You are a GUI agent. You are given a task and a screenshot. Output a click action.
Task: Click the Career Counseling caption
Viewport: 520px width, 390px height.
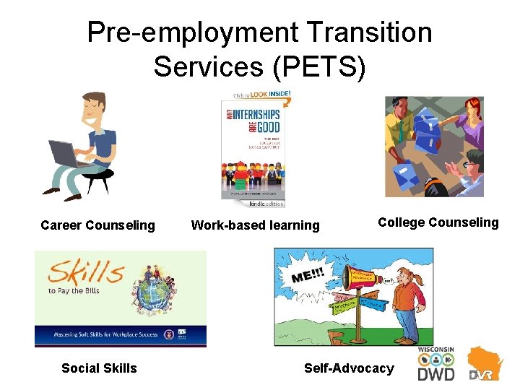pyautogui.click(x=97, y=225)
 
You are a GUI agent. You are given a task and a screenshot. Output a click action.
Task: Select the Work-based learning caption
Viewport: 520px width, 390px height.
pyautogui.click(x=255, y=225)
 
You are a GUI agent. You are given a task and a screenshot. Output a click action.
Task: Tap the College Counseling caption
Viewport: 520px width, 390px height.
pyautogui.click(x=438, y=222)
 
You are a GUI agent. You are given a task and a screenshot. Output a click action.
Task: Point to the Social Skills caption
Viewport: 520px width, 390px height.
pyautogui.click(x=99, y=368)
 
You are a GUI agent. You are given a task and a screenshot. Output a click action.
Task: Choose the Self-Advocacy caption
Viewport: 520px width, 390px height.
pyautogui.click(x=349, y=368)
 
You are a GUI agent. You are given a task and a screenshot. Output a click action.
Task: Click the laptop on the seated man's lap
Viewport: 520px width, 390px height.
pyautogui.click(x=69, y=154)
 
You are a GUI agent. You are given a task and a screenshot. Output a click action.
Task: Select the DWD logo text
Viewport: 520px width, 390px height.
pyautogui.click(x=436, y=374)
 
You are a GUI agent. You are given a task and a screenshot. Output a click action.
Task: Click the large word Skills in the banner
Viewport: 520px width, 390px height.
pyautogui.click(x=86, y=274)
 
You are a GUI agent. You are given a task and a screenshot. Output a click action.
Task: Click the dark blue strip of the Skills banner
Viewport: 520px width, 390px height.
pyautogui.click(x=121, y=336)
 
